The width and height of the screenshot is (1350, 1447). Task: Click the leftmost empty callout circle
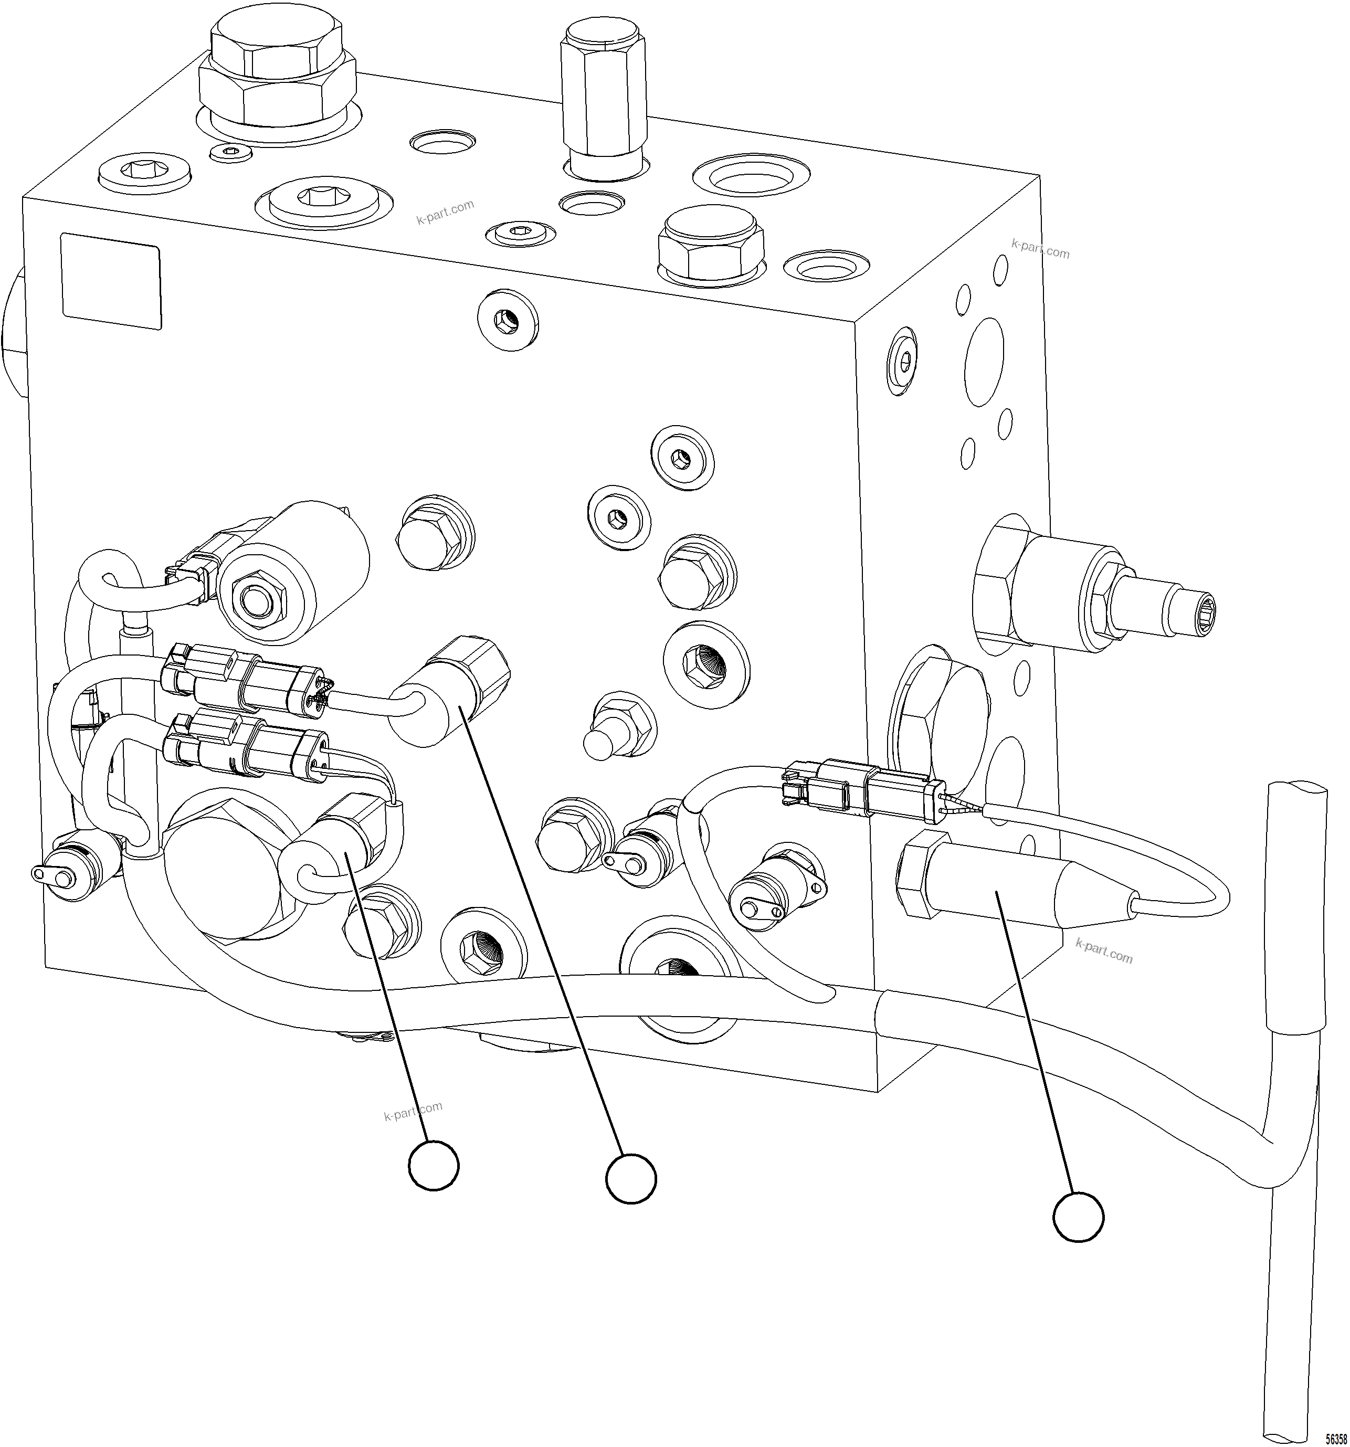click(434, 1165)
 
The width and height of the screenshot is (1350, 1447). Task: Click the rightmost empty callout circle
click(1078, 1216)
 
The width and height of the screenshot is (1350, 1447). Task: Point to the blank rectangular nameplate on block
click(111, 281)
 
